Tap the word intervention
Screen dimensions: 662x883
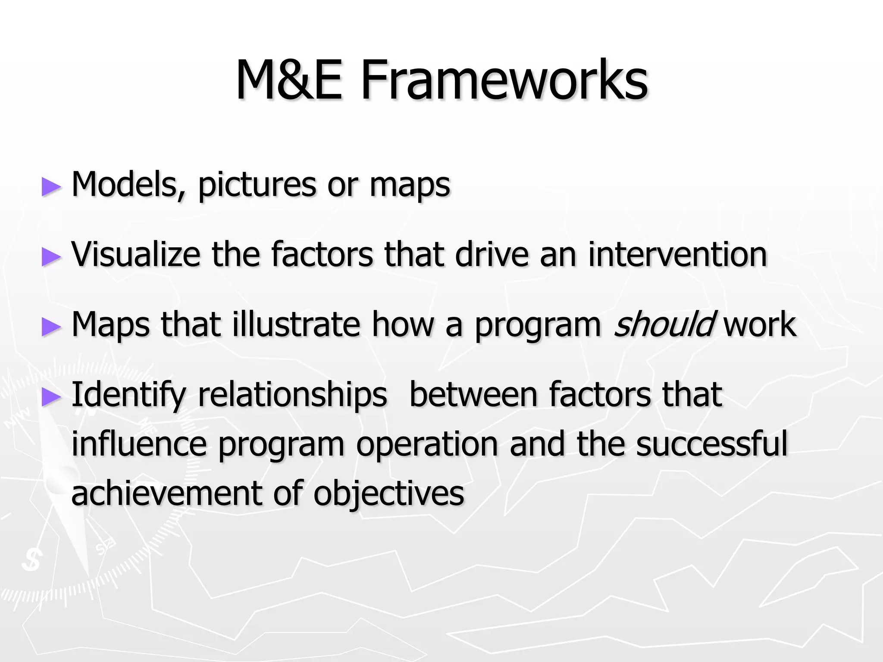(x=677, y=254)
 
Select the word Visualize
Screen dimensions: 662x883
(x=136, y=254)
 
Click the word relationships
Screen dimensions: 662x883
(x=292, y=394)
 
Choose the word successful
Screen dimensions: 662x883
(x=711, y=444)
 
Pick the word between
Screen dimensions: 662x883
(x=473, y=394)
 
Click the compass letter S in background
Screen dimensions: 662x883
(x=32, y=560)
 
